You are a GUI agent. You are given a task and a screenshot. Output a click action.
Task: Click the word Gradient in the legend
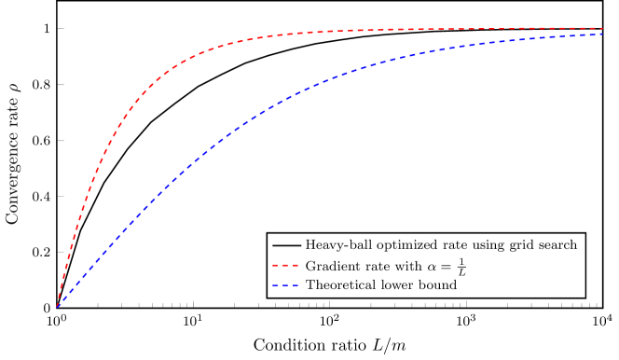click(332, 266)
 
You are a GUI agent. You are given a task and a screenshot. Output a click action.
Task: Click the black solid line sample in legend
click(286, 245)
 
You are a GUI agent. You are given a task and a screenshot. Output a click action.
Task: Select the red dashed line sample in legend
click(286, 266)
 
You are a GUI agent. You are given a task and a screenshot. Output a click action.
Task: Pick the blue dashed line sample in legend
click(286, 285)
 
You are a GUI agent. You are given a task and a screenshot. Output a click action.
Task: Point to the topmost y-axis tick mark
click(61, 29)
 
